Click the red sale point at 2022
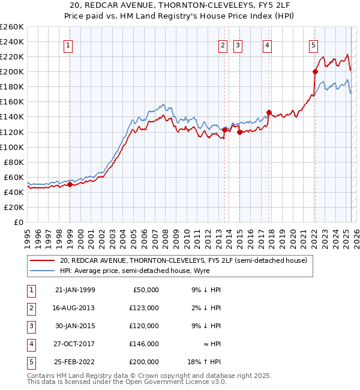coord(314,71)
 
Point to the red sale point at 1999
coord(70,184)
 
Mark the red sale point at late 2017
coord(269,112)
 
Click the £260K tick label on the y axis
coord(12,27)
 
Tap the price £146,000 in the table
coord(145,344)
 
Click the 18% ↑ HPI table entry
coord(205,362)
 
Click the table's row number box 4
coord(29,344)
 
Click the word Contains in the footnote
coord(41,376)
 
